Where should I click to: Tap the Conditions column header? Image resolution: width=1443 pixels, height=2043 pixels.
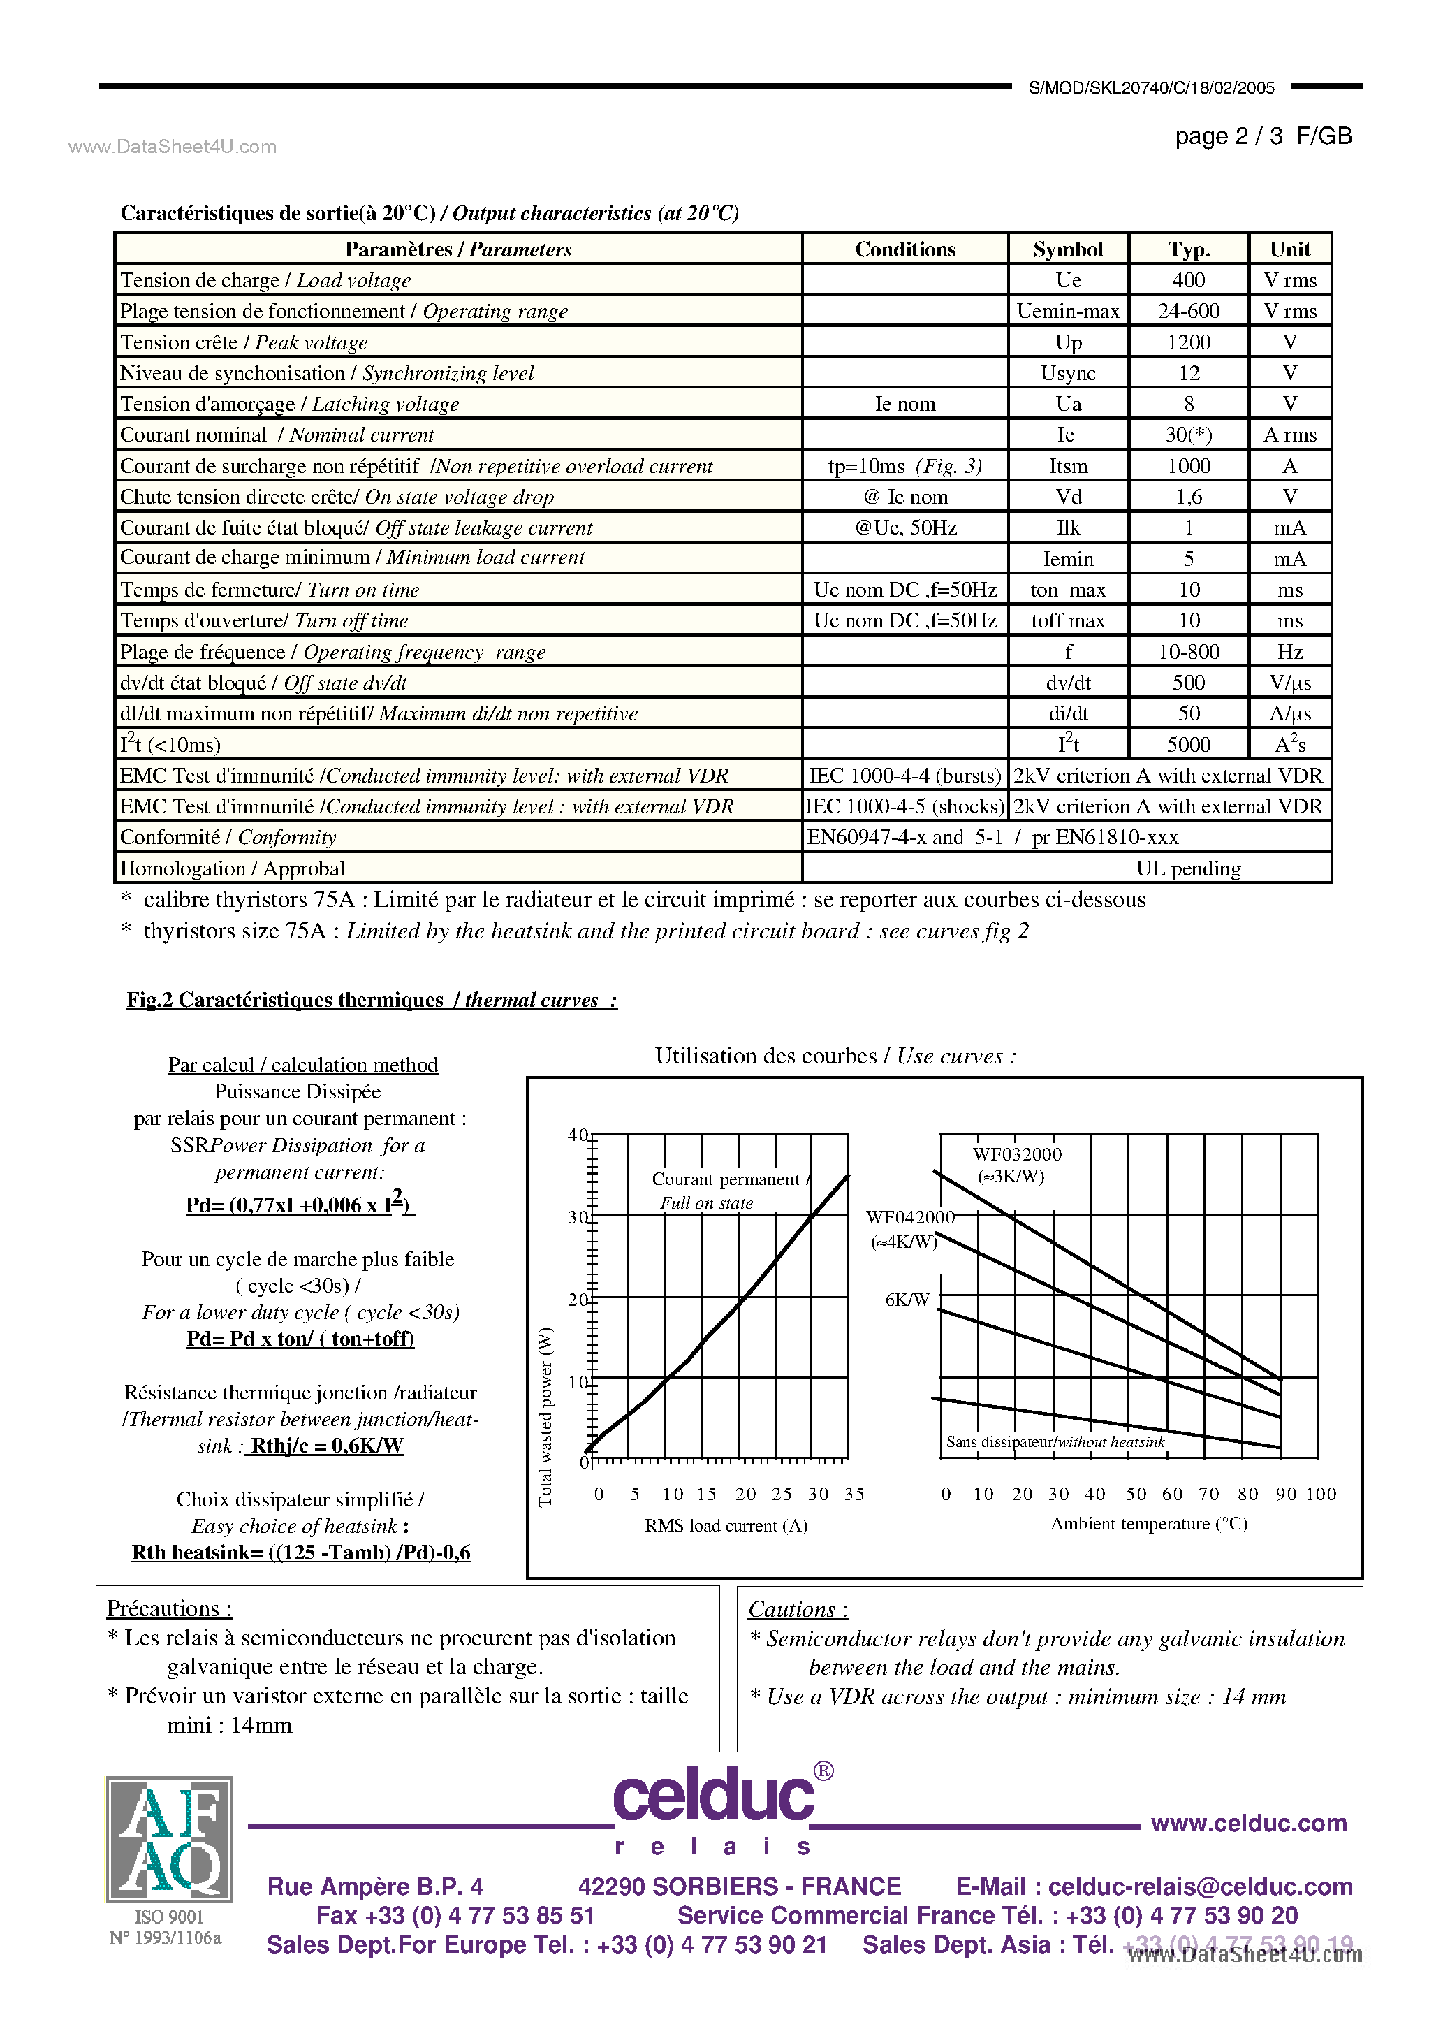(x=904, y=249)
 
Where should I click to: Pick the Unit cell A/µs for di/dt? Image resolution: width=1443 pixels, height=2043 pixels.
(x=1289, y=713)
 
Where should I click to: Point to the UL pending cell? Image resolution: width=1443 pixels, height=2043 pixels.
(x=1187, y=868)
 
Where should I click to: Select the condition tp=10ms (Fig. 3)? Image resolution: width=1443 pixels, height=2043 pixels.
(x=904, y=466)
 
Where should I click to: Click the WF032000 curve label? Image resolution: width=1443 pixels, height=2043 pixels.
(x=1017, y=1154)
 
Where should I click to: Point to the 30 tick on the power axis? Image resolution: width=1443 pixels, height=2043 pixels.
(x=578, y=1217)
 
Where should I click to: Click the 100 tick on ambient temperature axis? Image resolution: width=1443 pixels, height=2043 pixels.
(x=1321, y=1494)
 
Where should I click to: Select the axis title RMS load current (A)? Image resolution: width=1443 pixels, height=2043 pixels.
(x=726, y=1525)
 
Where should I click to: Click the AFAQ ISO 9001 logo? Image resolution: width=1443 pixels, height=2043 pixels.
(x=169, y=1838)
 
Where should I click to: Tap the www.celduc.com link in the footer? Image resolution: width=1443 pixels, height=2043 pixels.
(x=1248, y=1823)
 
